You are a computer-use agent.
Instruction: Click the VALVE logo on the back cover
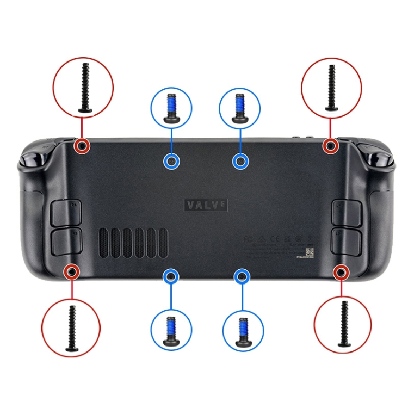206,205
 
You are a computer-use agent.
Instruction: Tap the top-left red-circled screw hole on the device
82,146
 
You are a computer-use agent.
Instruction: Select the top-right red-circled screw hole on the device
330,146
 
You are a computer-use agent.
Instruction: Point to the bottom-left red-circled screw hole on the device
72,271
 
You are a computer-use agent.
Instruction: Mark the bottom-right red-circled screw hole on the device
341,271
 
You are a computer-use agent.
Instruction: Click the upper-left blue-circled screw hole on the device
171,161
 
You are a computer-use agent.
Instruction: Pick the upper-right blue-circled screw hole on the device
240,161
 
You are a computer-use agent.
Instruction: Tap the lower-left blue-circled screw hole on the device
171,277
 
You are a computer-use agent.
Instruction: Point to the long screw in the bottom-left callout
71,327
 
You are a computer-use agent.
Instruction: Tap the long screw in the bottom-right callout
343,324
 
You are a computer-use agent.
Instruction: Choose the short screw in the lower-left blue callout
171,330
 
